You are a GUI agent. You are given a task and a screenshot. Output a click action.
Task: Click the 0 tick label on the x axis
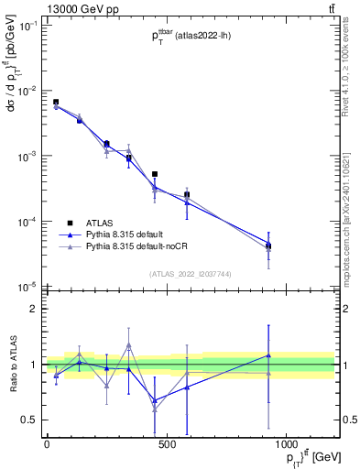click(x=47, y=444)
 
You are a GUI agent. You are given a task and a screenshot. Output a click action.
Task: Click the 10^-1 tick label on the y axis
click(x=28, y=26)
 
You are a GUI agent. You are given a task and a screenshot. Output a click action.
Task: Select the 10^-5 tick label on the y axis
click(x=28, y=287)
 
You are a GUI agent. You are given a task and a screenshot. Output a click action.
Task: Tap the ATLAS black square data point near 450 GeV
click(x=155, y=174)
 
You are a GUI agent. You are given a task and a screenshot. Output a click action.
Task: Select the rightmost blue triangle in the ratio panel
click(x=268, y=354)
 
